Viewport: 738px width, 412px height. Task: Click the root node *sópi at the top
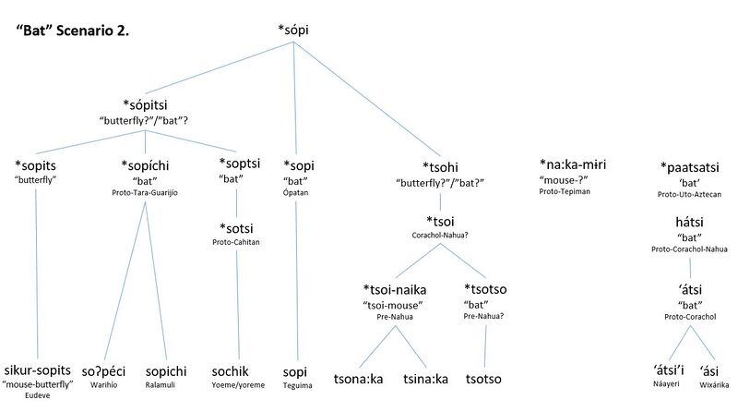click(x=292, y=30)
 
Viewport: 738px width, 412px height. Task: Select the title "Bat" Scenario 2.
click(x=73, y=30)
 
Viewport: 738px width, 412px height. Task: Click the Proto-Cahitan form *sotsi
click(x=238, y=227)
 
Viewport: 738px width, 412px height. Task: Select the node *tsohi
click(x=440, y=166)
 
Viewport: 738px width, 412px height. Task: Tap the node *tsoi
click(x=441, y=222)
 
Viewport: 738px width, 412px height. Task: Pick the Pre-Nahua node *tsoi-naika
click(x=394, y=289)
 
